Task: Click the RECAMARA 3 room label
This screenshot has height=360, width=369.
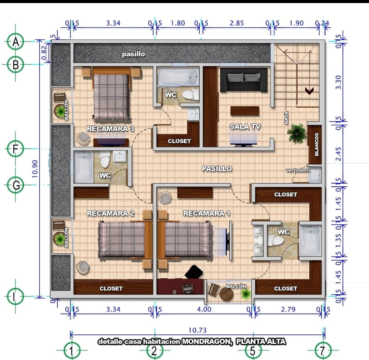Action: pyautogui.click(x=110, y=129)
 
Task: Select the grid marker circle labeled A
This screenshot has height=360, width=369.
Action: pyautogui.click(x=15, y=42)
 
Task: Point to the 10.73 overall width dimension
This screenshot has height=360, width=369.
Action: pyautogui.click(x=197, y=330)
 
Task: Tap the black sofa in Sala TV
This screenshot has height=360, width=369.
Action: pyautogui.click(x=244, y=80)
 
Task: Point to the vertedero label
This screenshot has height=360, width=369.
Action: pyautogui.click(x=298, y=170)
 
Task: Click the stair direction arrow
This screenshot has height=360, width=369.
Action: pyautogui.click(x=309, y=91)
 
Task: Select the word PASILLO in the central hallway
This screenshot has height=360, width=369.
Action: pyautogui.click(x=217, y=169)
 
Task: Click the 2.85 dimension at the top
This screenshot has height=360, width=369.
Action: pyautogui.click(x=237, y=23)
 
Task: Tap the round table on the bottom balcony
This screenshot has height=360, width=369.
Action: pyautogui.click(x=226, y=294)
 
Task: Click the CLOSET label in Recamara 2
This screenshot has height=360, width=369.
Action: pyautogui.click(x=111, y=289)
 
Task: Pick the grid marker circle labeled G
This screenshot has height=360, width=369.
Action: pyautogui.click(x=15, y=185)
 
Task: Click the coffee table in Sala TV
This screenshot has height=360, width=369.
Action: pyautogui.click(x=245, y=111)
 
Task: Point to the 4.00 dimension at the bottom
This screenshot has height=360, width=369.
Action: pyautogui.click(x=204, y=309)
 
